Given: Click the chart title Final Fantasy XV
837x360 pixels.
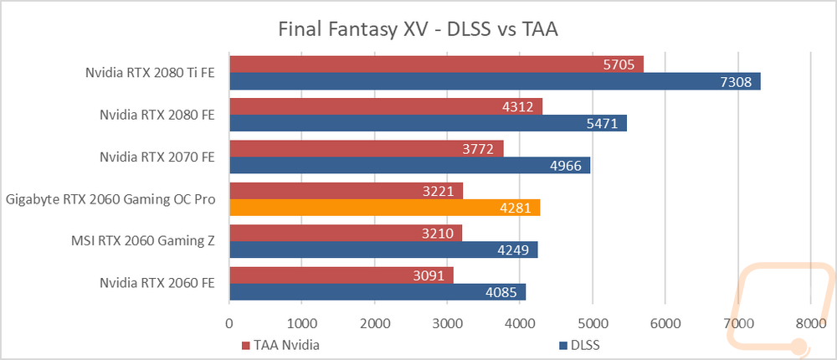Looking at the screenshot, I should click(x=418, y=29).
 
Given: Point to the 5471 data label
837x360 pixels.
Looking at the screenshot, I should click(x=601, y=123).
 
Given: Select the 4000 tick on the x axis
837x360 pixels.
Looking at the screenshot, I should click(x=520, y=322).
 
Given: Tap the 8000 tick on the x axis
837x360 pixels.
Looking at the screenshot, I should click(x=809, y=322).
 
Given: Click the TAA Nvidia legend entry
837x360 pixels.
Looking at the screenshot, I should click(x=281, y=344).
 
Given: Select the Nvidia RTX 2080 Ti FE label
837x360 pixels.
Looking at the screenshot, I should click(x=150, y=73).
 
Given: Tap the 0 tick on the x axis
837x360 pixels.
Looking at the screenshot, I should click(x=229, y=322).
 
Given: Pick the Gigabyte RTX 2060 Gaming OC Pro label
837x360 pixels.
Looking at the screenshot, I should click(x=110, y=199).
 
